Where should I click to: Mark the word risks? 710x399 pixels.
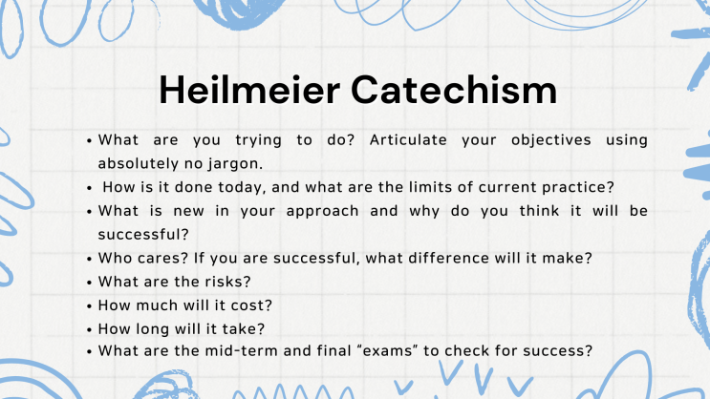point(226,281)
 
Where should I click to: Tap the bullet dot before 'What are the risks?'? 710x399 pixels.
point(89,282)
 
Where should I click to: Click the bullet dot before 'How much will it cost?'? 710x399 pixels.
point(89,305)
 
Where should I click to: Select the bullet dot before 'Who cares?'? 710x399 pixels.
point(89,259)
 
